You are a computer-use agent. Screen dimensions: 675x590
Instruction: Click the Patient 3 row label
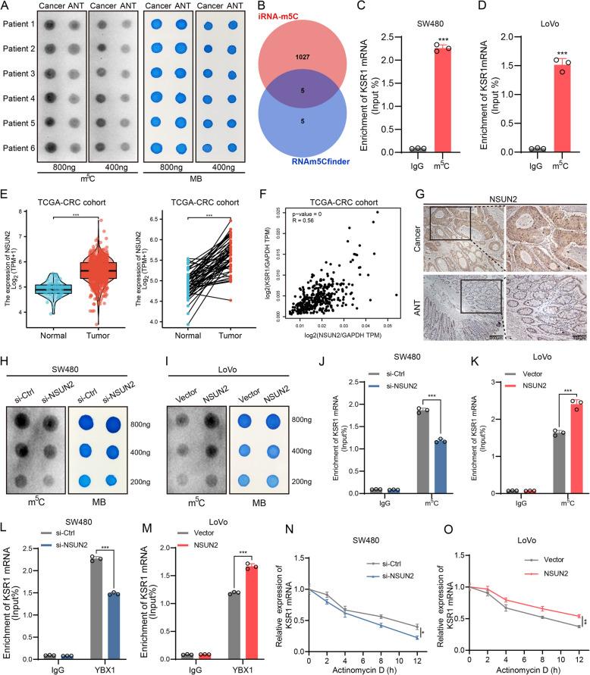pyautogui.click(x=24, y=73)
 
